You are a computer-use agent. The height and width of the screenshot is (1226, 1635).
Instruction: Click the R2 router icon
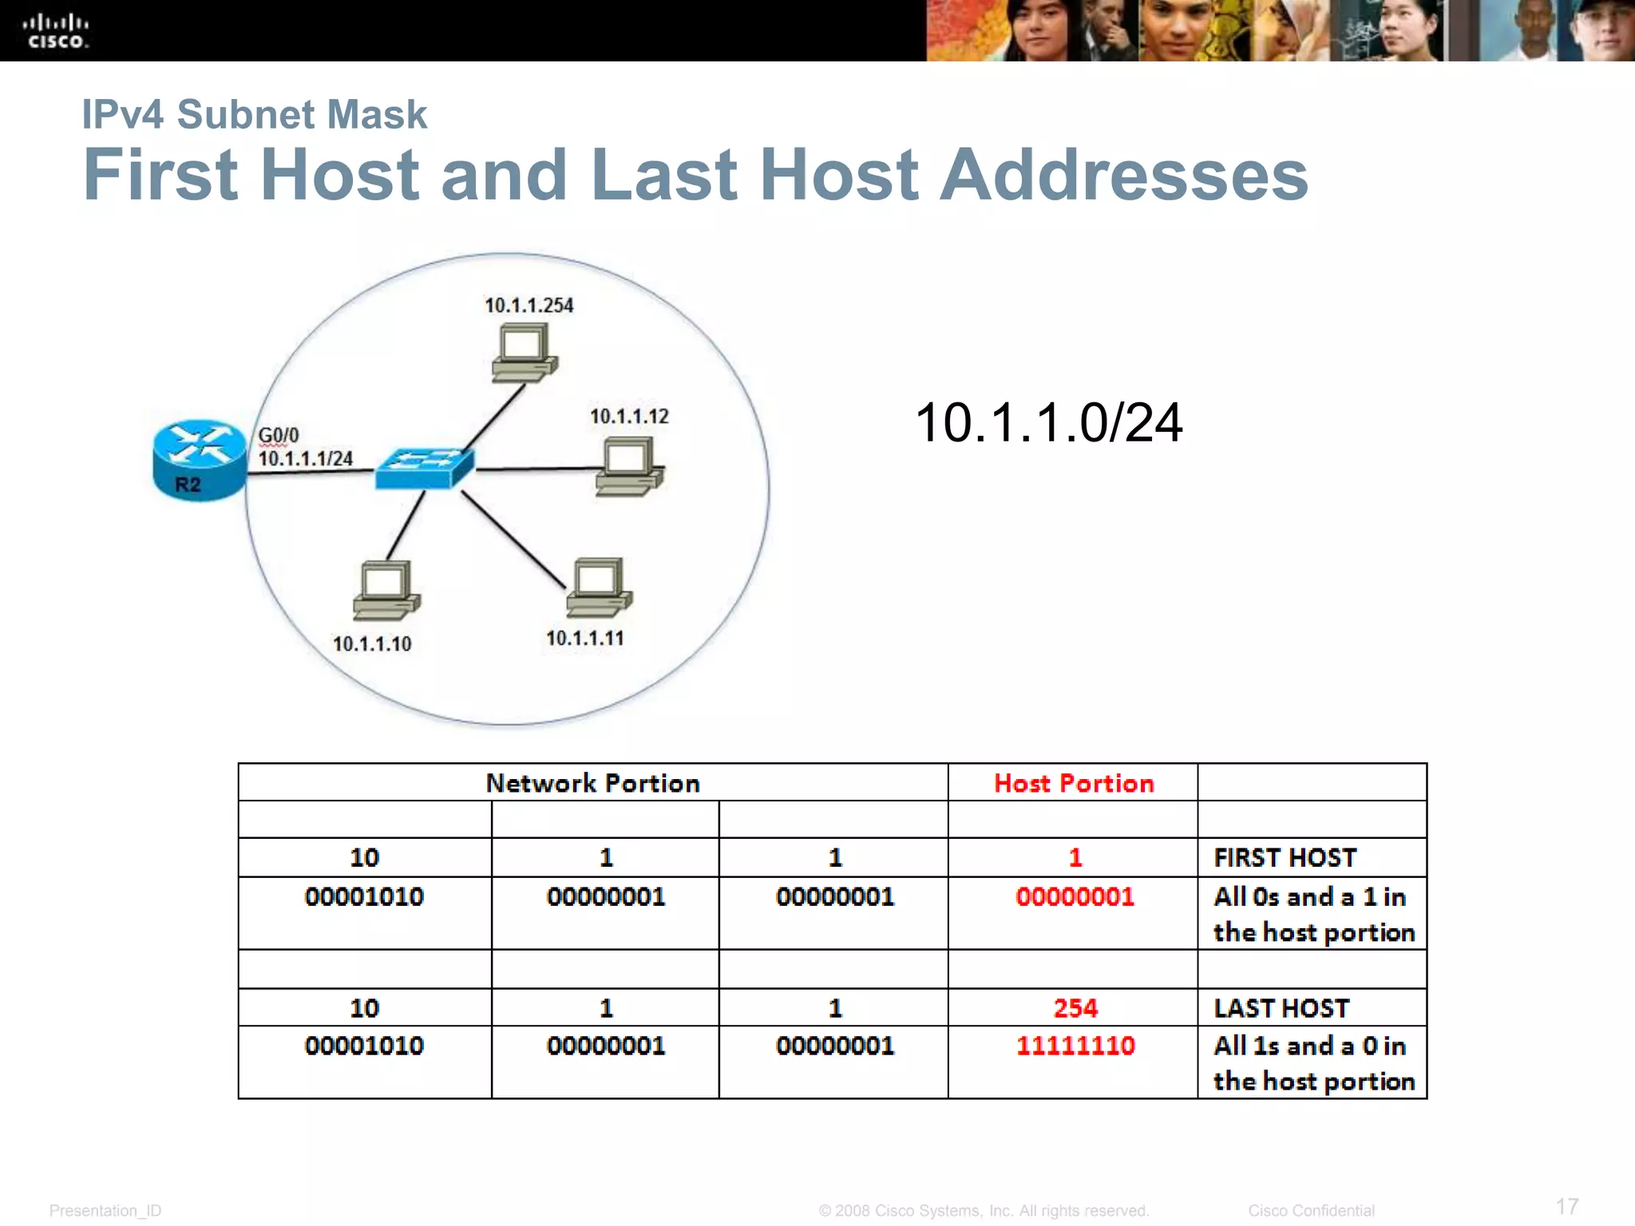coord(199,460)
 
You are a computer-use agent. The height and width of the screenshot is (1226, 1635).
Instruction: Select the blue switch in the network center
coord(425,468)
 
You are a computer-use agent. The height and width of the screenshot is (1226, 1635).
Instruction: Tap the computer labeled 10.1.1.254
coord(524,354)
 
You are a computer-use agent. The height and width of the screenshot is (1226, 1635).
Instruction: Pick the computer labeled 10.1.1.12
coord(629,469)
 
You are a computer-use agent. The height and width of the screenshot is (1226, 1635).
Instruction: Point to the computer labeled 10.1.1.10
coord(386,590)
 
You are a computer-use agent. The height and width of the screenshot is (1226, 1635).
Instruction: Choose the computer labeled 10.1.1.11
coord(599,587)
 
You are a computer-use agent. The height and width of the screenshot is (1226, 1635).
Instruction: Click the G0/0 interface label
coord(278,435)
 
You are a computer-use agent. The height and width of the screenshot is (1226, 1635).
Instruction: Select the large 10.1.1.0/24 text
coord(1047,422)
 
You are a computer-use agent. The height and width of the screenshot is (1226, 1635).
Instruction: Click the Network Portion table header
coord(592,783)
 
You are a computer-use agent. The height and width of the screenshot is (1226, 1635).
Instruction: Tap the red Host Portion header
coord(1073,783)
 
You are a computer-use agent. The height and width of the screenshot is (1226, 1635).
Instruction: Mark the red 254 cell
coord(1075,1008)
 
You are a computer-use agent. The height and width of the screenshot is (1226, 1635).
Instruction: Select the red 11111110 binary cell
coord(1075,1046)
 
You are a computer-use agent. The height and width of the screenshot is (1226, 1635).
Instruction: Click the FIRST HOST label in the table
coord(1285,857)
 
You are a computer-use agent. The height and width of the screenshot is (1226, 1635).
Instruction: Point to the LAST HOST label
coord(1281,1008)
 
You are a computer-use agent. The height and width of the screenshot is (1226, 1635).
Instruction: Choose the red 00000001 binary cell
coord(1075,896)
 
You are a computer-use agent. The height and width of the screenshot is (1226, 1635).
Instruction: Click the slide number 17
coord(1566,1206)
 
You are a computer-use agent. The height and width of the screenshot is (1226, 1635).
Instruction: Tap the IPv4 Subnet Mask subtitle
coord(254,114)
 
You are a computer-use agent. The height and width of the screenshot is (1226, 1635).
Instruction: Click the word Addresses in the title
coord(1123,175)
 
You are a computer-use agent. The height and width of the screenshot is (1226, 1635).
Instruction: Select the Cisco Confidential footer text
coord(1311,1211)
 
